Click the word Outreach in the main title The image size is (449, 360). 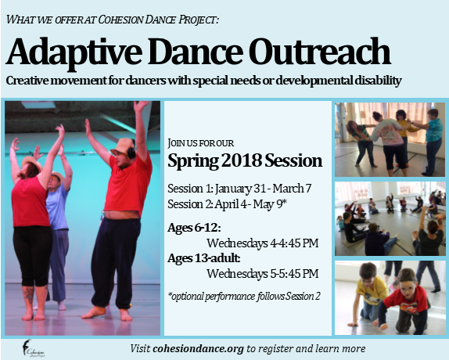pyautogui.click(x=319, y=52)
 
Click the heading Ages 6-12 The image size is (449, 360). pyautogui.click(x=194, y=228)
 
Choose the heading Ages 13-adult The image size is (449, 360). pyautogui.click(x=204, y=258)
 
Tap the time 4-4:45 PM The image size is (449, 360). pyautogui.click(x=294, y=243)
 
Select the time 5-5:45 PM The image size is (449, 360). pyautogui.click(x=294, y=273)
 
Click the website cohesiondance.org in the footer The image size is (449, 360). pyautogui.click(x=198, y=349)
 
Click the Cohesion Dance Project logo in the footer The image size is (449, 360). pyautogui.click(x=32, y=348)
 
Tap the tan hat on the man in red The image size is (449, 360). pyautogui.click(x=123, y=146)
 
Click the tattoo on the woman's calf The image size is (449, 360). pyautogui.click(x=29, y=295)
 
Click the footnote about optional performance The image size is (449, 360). pyautogui.click(x=244, y=296)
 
